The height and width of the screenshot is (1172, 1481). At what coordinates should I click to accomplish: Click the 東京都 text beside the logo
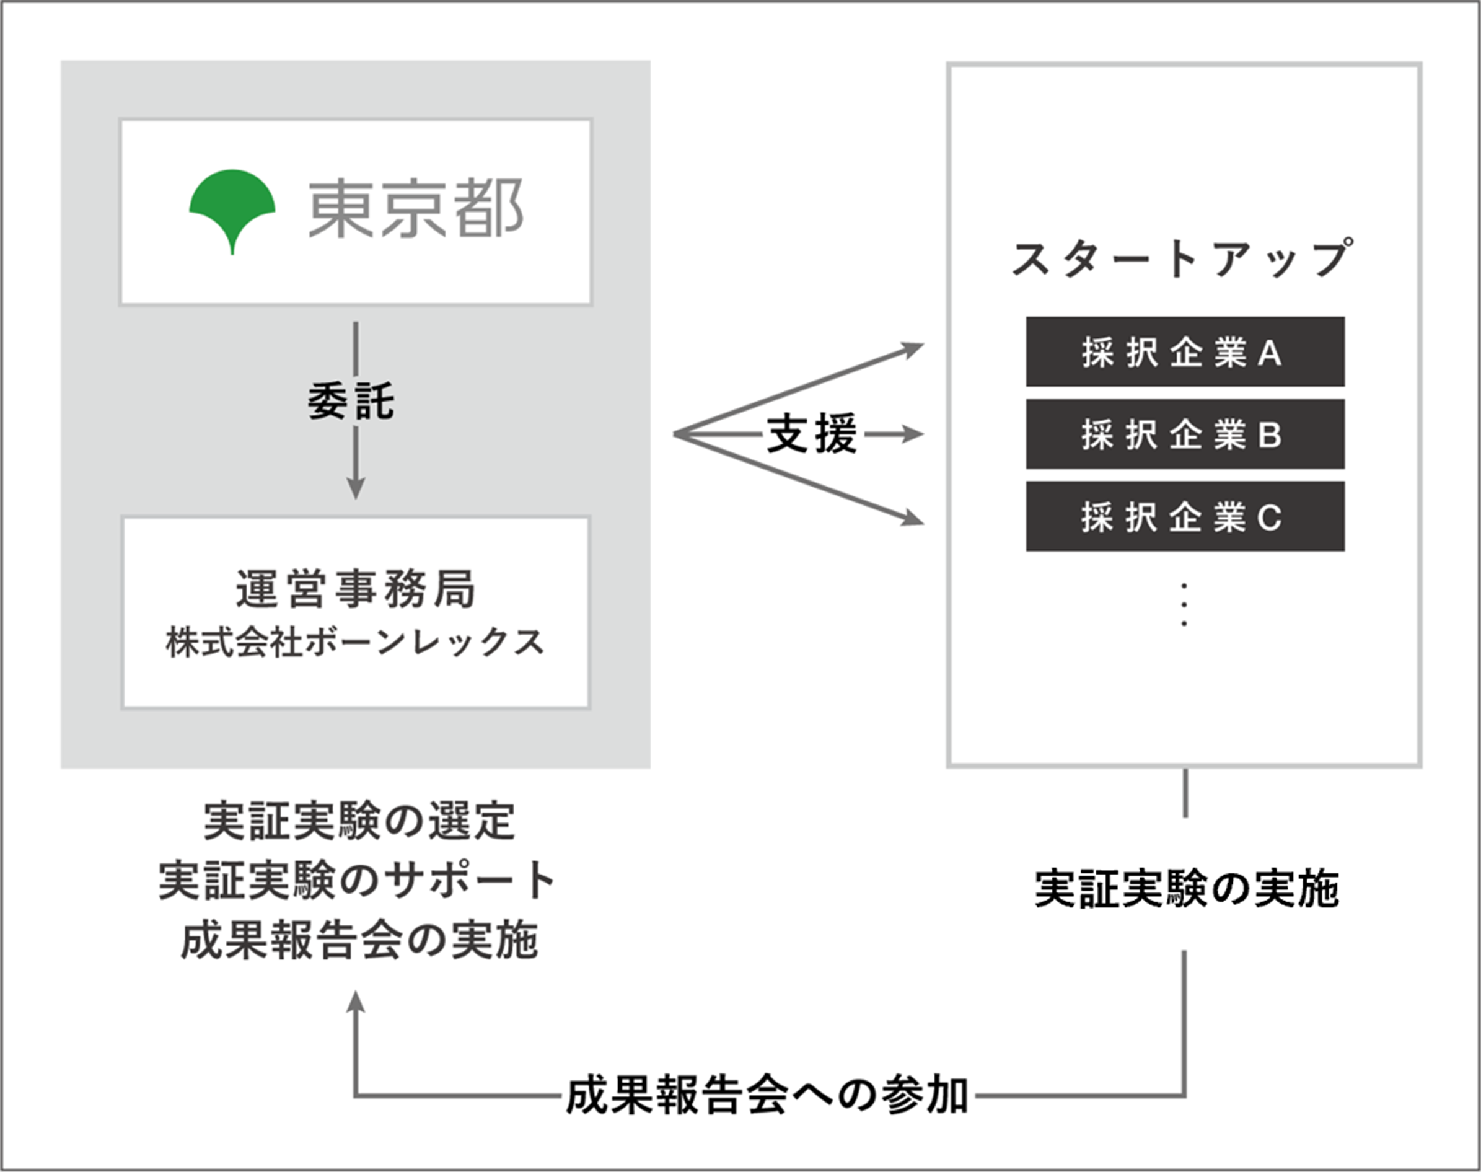point(416,209)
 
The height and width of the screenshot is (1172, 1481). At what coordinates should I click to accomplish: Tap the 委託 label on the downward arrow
point(351,402)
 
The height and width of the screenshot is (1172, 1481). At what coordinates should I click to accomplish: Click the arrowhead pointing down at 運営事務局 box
point(355,488)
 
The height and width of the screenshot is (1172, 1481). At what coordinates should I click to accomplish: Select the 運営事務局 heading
point(355,589)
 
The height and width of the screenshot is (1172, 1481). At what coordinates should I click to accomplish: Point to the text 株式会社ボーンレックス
point(355,643)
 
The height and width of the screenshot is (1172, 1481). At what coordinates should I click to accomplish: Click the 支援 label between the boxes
point(812,434)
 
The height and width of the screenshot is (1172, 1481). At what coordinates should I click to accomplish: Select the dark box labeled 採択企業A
point(1185,352)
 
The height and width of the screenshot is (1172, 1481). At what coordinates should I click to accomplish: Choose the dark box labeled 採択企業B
point(1185,434)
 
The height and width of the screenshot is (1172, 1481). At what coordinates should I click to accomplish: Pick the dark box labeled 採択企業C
point(1185,517)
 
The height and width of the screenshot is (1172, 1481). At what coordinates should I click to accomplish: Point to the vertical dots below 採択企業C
point(1184,604)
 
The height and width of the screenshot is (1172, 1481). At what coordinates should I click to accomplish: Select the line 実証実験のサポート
point(357,880)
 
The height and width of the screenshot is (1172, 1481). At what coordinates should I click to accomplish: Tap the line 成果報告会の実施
point(359,940)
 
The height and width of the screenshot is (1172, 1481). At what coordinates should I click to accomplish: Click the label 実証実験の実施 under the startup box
point(1186,890)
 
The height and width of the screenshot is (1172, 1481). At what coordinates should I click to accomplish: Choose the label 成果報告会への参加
point(767,1096)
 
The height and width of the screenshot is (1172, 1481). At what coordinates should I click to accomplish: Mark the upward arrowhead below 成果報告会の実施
point(355,1003)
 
